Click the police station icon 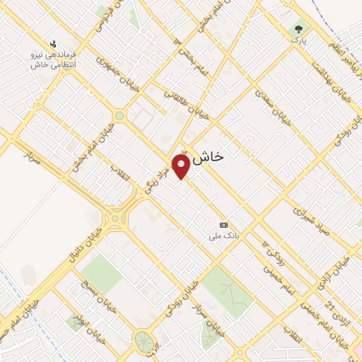click(52, 43)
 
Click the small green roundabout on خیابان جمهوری click(119, 115)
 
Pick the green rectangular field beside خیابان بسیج click(101, 274)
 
